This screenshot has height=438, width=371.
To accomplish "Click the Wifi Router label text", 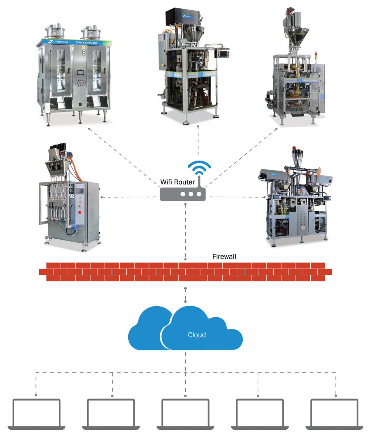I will point(177,182).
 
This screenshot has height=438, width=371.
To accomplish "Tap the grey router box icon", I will point(183,194).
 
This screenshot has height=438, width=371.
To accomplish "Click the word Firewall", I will point(224,257).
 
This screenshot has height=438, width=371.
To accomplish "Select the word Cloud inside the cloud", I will point(197,335).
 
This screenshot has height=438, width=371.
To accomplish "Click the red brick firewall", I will point(185,272).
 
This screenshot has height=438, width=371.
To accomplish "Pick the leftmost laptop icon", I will point(36,414).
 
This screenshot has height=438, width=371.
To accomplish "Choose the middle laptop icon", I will point(185,414).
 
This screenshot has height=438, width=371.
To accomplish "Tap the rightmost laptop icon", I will point(334,414).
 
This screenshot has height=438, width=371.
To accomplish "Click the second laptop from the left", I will point(111,414).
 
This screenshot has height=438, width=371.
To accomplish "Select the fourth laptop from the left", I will point(260,414).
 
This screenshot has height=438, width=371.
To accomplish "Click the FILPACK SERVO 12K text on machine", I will point(86,43).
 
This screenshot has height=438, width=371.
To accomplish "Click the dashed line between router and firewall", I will point(185,232).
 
